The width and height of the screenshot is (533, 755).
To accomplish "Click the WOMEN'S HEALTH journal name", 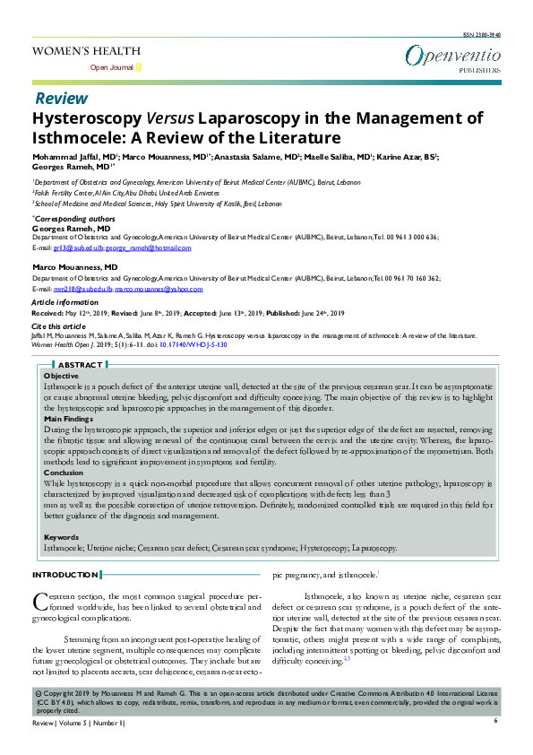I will [86, 51].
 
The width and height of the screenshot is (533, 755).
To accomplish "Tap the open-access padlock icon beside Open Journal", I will [138, 67].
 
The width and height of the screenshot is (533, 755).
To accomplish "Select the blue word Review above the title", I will [61, 98].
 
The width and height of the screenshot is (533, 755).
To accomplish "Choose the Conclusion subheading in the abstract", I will [64, 472].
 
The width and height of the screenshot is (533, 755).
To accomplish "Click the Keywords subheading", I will [62, 537].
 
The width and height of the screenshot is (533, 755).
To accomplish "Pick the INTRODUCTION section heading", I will [65, 575].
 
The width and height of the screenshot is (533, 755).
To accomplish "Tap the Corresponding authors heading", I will [73, 218].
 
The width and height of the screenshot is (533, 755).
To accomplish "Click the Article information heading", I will [67, 304].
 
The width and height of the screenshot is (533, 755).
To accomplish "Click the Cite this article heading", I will [59, 325].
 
